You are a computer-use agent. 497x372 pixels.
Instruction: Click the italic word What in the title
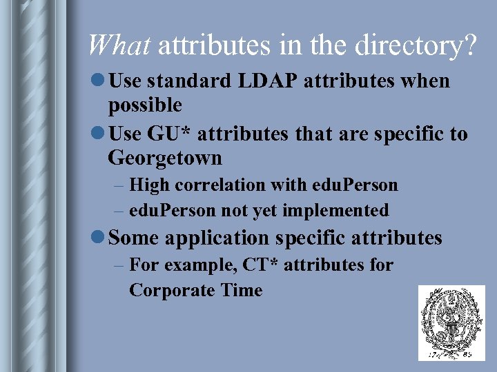pyautogui.click(x=119, y=45)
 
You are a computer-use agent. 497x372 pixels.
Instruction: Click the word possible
pyautogui.click(x=145, y=105)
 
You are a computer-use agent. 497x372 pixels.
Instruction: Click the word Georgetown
pyautogui.click(x=165, y=158)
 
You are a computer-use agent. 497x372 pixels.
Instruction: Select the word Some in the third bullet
pyautogui.click(x=135, y=238)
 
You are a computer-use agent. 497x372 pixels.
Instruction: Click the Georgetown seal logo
pyautogui.click(x=451, y=322)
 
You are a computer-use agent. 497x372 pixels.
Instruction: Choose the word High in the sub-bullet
pyautogui.click(x=149, y=185)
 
